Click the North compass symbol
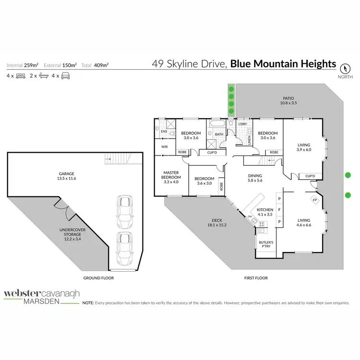coord(344,68)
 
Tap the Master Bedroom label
coord(170,176)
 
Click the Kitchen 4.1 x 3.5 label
coord(265,213)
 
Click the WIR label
coord(164,146)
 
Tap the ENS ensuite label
coord(163,131)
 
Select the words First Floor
coord(255,278)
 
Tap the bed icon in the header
coord(21,76)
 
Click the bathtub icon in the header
coord(43,76)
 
